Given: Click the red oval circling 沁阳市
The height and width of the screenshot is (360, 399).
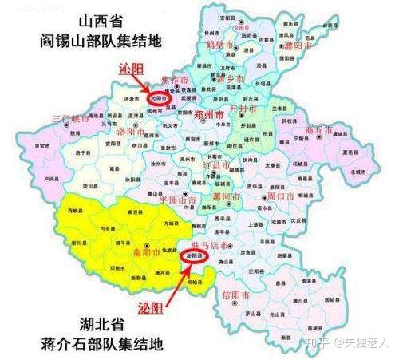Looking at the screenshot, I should point(163,98).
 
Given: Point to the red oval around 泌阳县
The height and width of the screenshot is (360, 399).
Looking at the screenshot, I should point(194,256).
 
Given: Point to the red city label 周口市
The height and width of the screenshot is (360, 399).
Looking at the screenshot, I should point(281,195).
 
